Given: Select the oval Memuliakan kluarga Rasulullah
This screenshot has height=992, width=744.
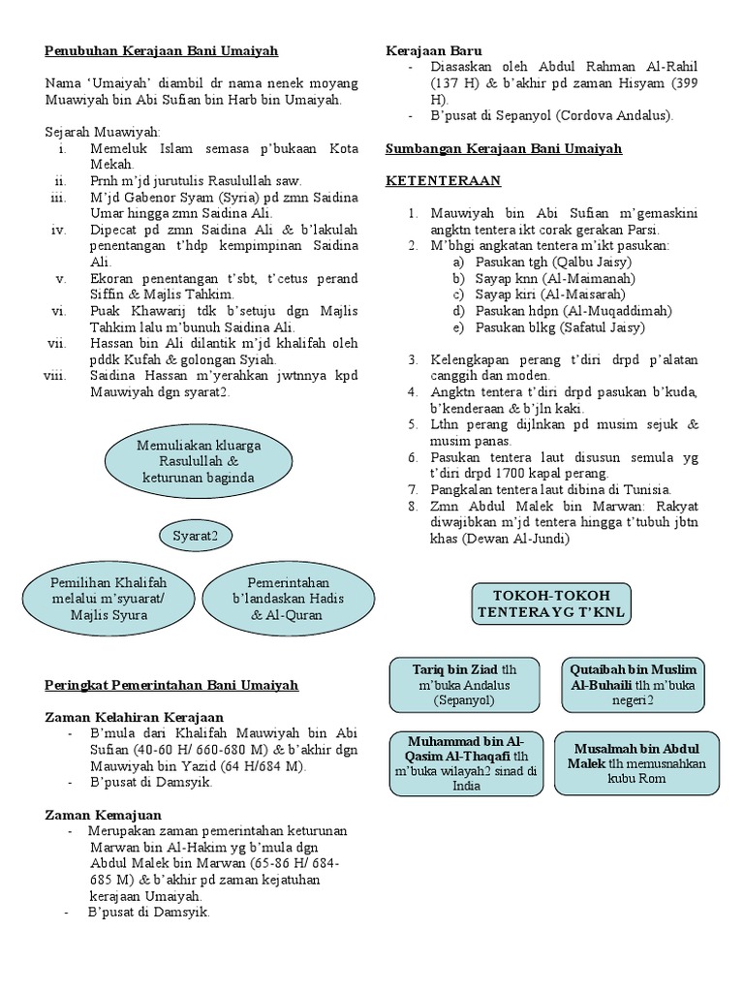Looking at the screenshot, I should click(x=199, y=460).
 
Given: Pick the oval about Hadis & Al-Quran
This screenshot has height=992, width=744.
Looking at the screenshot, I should click(x=275, y=598).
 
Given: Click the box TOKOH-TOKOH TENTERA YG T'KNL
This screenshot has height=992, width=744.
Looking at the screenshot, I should click(x=551, y=604).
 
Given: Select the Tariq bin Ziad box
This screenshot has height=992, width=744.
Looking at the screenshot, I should click(x=464, y=684).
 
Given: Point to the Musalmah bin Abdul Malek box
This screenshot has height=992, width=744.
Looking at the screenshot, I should click(x=636, y=761).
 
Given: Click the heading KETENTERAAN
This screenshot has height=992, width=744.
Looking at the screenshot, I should click(x=444, y=180).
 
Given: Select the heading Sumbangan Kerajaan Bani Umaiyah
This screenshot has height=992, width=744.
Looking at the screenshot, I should click(x=504, y=148).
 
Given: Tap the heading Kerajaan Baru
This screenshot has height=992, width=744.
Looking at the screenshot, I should click(x=434, y=49).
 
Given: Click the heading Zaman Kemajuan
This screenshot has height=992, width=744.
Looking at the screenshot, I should click(x=104, y=815).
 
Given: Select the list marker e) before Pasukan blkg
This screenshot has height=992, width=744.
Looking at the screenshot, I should click(x=458, y=327).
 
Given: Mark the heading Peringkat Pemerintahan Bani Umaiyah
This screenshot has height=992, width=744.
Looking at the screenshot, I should click(x=172, y=685).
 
